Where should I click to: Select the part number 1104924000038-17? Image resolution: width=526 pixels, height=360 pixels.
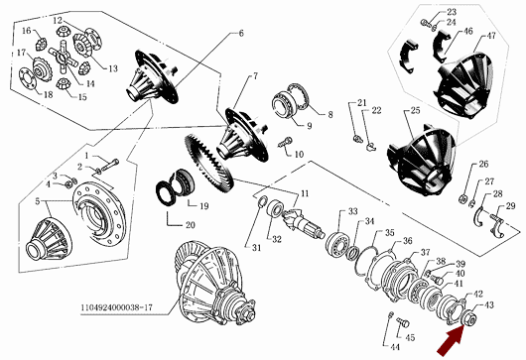[x=116, y=307]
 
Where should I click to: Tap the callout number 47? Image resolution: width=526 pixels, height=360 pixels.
[x=491, y=36]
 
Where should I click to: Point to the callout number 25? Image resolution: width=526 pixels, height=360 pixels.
[x=415, y=110]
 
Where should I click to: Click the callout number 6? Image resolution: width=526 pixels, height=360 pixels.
[x=241, y=33]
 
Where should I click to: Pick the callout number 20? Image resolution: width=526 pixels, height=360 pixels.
[x=190, y=225]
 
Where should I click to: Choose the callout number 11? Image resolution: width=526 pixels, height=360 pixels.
[x=305, y=193]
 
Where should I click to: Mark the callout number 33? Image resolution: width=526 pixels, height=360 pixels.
[x=352, y=211]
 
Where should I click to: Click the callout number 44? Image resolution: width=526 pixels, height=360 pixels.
[x=396, y=347]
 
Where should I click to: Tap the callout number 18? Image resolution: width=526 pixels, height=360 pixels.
[x=49, y=94]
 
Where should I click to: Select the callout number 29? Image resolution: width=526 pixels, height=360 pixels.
[x=510, y=206]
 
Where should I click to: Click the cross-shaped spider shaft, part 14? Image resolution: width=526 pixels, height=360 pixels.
[x=64, y=57]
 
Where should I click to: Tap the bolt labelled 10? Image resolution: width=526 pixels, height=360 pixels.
[x=285, y=143]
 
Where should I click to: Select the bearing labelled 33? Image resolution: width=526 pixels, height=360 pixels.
[x=338, y=243]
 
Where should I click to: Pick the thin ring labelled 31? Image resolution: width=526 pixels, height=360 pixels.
[x=262, y=201]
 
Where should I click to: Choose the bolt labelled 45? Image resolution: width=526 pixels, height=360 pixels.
[x=403, y=323]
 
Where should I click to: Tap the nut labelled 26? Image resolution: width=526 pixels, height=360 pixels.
[x=462, y=198]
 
